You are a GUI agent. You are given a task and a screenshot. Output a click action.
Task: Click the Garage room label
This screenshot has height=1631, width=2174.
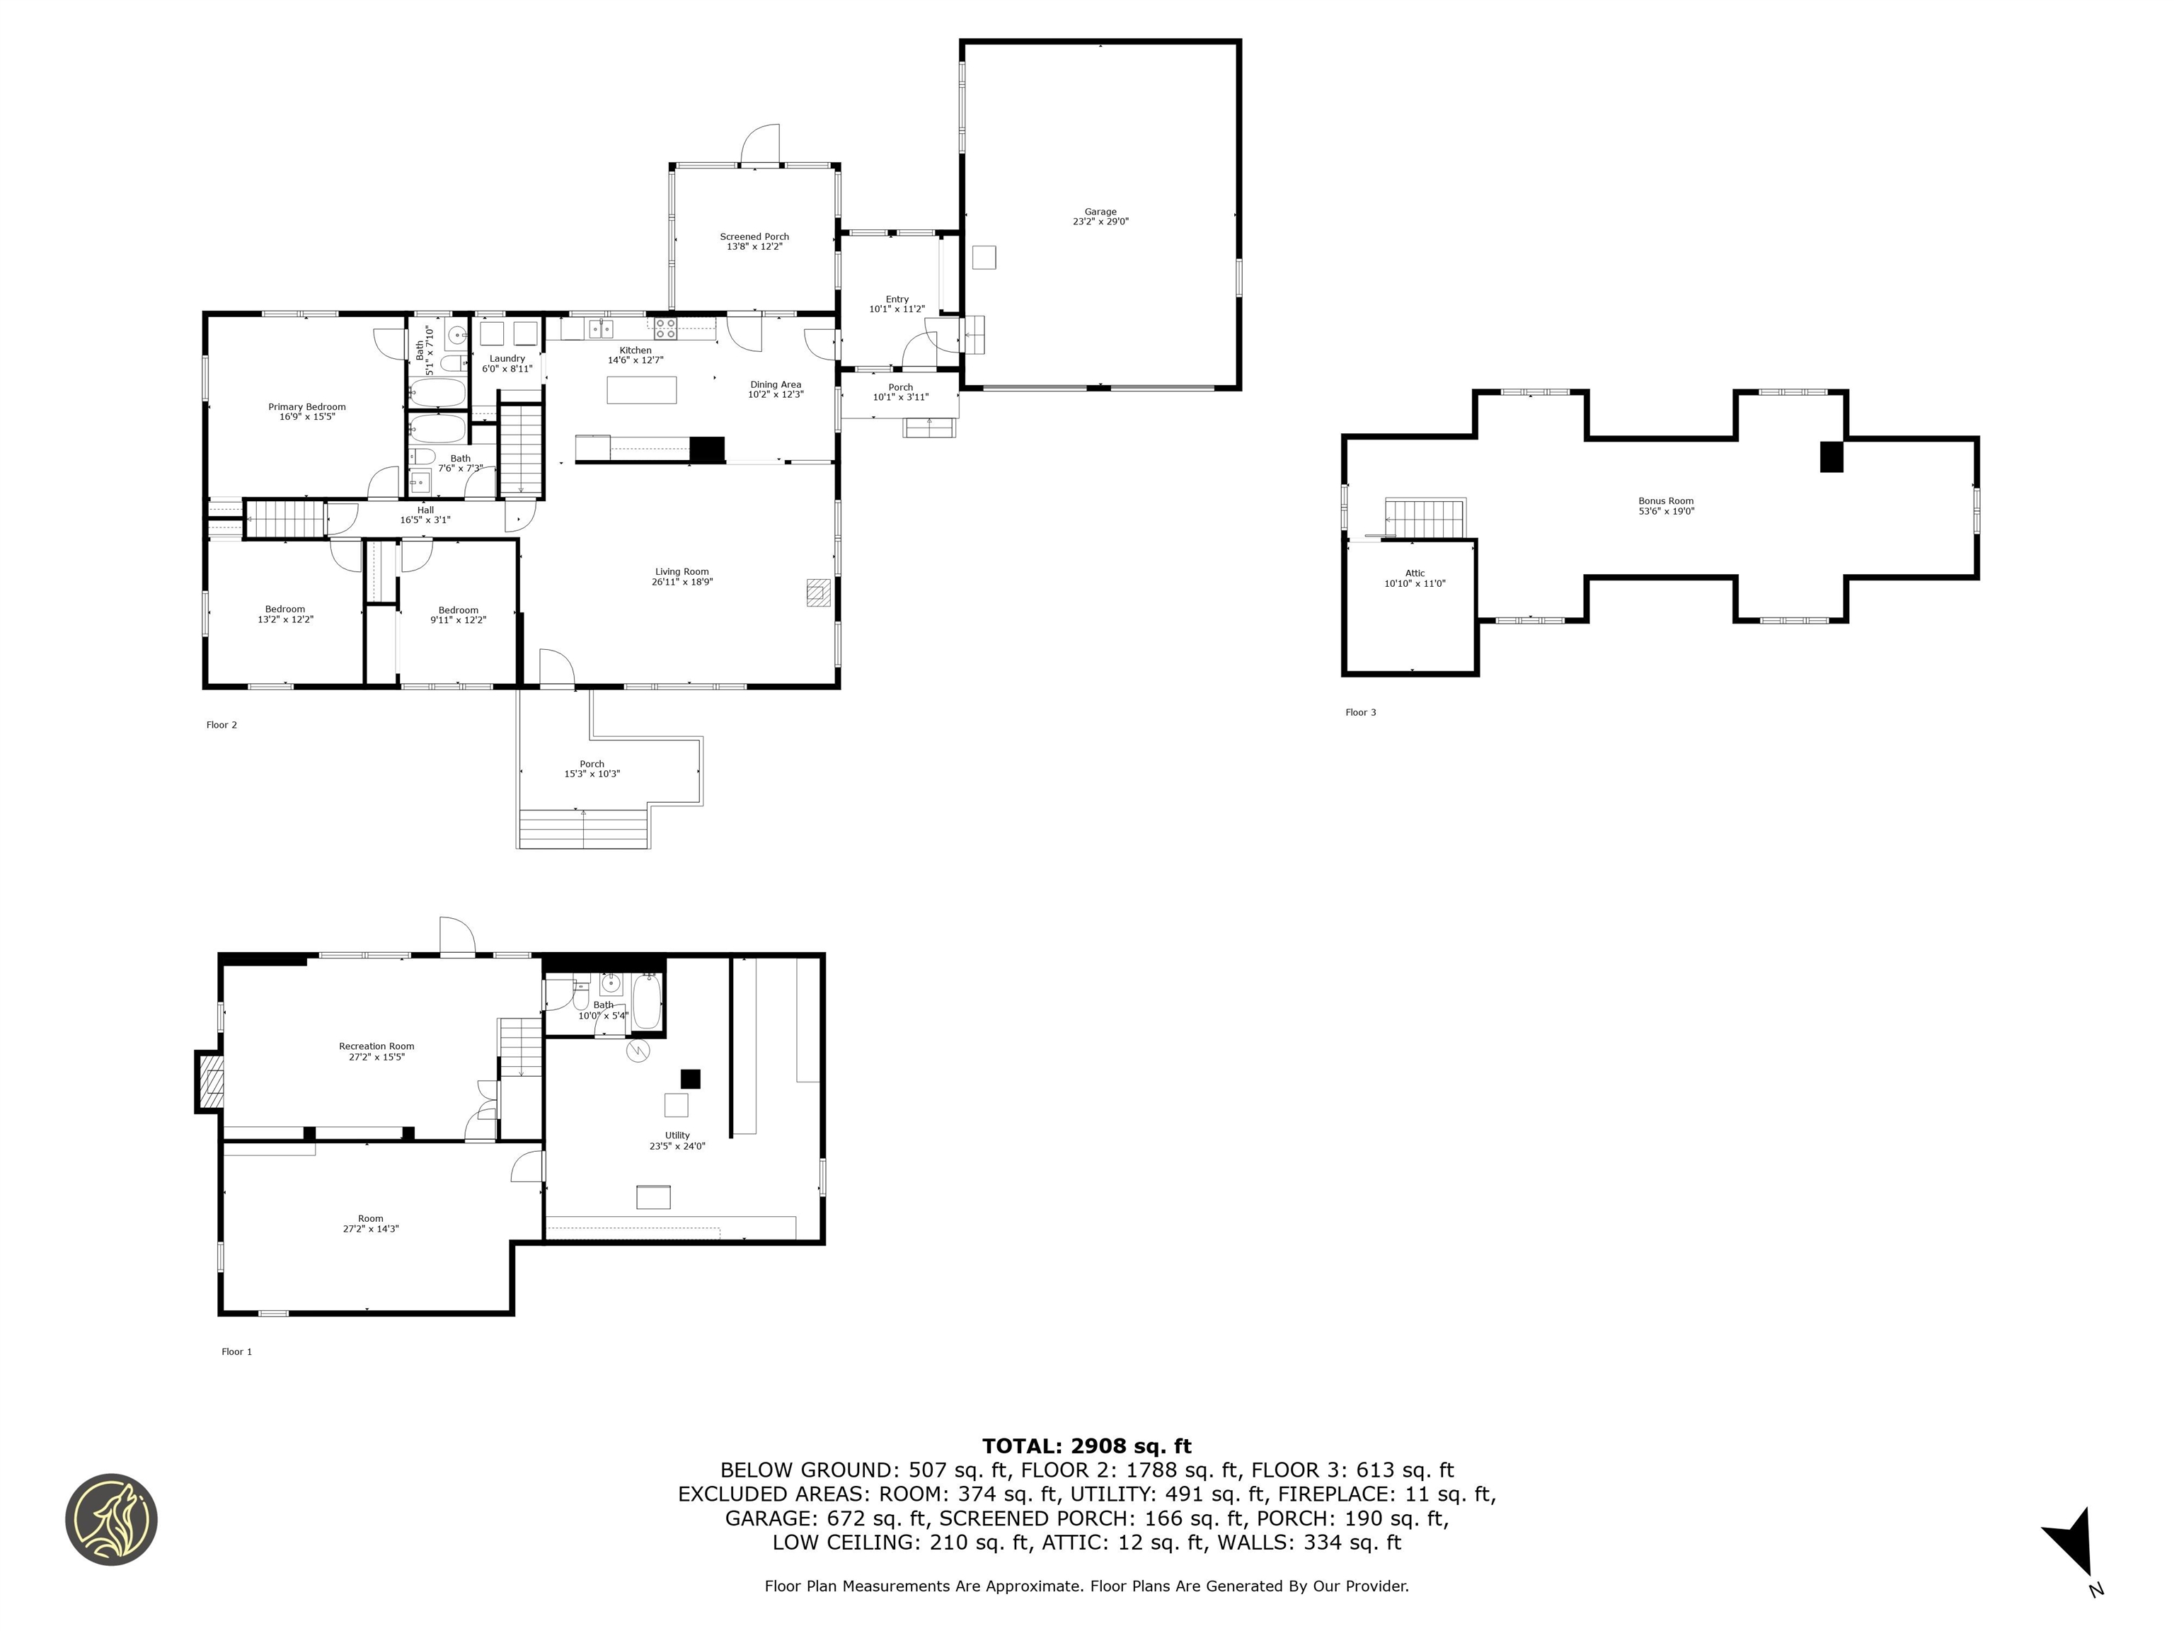point(1100,212)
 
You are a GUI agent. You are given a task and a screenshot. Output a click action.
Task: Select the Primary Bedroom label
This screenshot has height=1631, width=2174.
point(306,407)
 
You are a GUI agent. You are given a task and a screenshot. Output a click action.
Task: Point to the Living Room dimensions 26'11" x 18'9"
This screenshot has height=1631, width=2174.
point(682,582)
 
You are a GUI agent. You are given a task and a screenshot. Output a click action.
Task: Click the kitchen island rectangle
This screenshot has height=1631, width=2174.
point(642,390)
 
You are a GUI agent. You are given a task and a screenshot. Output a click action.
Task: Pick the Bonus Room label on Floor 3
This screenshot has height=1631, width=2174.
point(1666,501)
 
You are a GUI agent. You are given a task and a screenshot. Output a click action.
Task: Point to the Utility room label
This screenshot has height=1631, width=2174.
point(677,1135)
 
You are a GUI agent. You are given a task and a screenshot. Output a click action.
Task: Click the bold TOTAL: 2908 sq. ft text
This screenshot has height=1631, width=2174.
point(1086,1446)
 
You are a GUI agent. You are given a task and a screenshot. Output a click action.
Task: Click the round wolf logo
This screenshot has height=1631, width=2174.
point(111,1519)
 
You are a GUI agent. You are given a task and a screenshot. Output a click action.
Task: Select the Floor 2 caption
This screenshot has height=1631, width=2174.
point(221,726)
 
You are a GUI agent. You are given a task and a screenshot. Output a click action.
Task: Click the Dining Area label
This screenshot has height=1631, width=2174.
point(776,384)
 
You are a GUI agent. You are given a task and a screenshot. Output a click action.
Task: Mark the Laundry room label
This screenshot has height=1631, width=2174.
point(507,359)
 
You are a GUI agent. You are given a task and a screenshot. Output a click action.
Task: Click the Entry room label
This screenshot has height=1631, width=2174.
point(897,299)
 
